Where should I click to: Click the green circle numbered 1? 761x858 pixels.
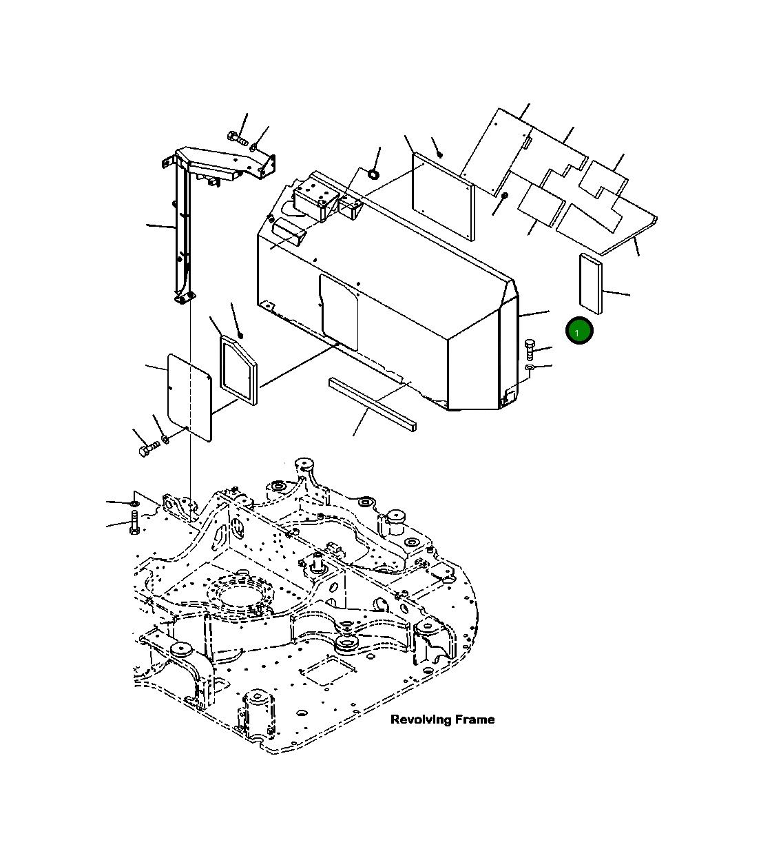pyautogui.click(x=579, y=331)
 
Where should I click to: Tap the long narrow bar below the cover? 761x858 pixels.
pyautogui.click(x=372, y=403)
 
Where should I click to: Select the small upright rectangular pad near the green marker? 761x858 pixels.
pyautogui.click(x=591, y=283)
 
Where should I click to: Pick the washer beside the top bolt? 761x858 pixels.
pyautogui.click(x=255, y=146)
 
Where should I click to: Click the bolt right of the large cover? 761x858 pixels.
pyautogui.click(x=529, y=349)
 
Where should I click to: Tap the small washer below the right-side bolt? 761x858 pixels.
pyautogui.click(x=529, y=369)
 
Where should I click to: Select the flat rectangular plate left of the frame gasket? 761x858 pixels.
pyautogui.click(x=189, y=397)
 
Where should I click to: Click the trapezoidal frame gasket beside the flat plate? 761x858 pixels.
pyautogui.click(x=237, y=369)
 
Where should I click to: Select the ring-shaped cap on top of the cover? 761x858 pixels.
pyautogui.click(x=373, y=172)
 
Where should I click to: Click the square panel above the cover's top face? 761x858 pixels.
pyautogui.click(x=442, y=196)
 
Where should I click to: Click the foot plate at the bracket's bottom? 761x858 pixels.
pyautogui.click(x=183, y=297)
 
